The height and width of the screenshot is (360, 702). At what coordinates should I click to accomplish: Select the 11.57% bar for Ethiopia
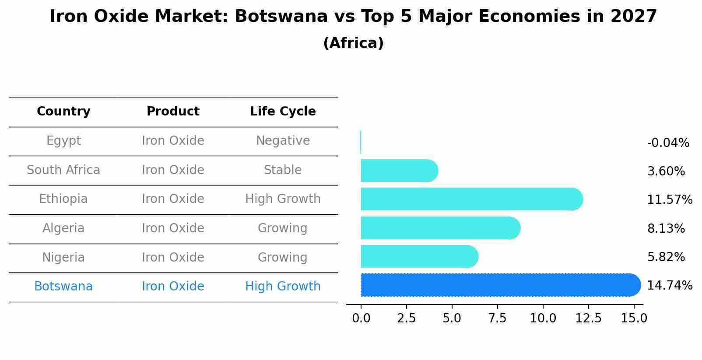click(x=470, y=199)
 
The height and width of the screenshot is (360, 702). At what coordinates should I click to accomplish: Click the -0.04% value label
click(x=668, y=143)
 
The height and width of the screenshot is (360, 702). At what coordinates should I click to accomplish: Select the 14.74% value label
click(x=669, y=286)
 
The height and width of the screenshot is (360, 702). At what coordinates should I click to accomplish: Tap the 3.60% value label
click(x=666, y=171)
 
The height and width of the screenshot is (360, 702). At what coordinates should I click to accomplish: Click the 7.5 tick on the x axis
click(x=497, y=318)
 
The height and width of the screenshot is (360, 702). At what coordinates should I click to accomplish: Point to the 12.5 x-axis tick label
click(x=588, y=318)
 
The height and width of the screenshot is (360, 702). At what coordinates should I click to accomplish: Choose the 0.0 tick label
click(x=361, y=318)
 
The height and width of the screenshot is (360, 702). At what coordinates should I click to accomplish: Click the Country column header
click(x=63, y=112)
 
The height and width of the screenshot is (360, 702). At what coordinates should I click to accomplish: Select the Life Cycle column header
click(x=283, y=112)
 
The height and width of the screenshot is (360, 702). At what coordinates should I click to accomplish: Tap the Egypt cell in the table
click(x=63, y=141)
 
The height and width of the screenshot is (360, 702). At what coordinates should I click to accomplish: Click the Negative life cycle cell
click(x=283, y=141)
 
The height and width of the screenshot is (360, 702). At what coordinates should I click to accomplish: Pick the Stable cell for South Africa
click(x=283, y=170)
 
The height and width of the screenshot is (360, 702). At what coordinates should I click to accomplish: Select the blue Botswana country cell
click(x=63, y=287)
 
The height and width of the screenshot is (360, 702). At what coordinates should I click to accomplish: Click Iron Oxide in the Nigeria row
click(x=173, y=257)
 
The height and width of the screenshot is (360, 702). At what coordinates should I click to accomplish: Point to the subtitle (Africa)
click(x=353, y=43)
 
